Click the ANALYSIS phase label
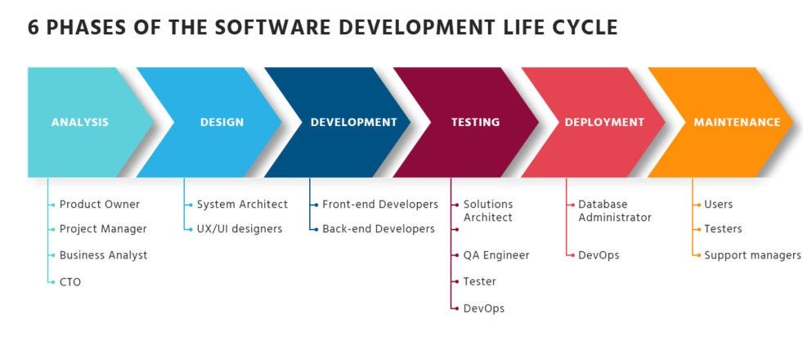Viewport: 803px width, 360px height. coord(80,123)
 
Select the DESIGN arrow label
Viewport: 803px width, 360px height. coord(222,123)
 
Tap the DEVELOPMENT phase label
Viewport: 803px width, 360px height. coord(353,123)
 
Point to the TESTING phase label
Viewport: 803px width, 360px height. coord(475,123)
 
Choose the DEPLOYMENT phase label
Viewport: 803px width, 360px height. coord(604,123)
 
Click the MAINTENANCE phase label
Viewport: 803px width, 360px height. coord(737,123)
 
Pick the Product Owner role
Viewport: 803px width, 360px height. coord(100,205)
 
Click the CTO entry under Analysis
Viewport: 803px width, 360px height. coord(70,281)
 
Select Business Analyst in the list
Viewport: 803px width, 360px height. coord(103,255)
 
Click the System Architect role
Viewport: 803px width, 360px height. coord(242,205)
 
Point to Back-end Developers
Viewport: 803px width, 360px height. coord(379,229)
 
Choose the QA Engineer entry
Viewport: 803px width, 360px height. coord(496,255)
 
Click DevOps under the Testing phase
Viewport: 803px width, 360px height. coord(484,308)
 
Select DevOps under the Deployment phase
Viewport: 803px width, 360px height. coord(599,255)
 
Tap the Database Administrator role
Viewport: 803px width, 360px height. coord(615,211)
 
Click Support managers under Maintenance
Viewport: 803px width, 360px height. coord(752,255)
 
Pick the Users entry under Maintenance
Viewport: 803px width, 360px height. coord(719,205)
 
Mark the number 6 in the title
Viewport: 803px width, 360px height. coord(34,27)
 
